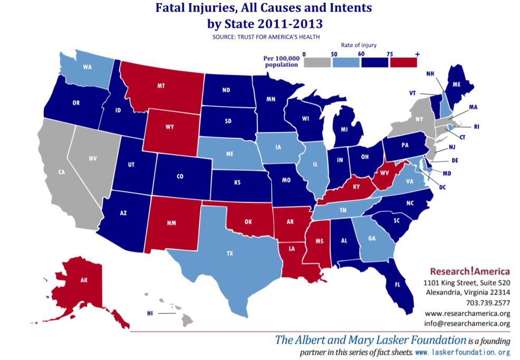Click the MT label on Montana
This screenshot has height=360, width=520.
[161, 84]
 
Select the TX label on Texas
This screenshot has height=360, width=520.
[229, 253]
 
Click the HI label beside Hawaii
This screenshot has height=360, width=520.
[150, 314]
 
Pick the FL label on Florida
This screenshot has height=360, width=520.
[396, 284]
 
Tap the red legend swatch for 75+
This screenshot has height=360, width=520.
[403, 62]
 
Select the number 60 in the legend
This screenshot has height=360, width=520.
[361, 53]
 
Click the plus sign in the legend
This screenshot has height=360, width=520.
[417, 53]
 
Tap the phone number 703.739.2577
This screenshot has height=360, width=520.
[488, 302]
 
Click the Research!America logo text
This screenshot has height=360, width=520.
[468, 271]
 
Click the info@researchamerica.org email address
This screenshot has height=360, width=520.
[467, 323]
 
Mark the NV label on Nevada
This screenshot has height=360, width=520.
[93, 158]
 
